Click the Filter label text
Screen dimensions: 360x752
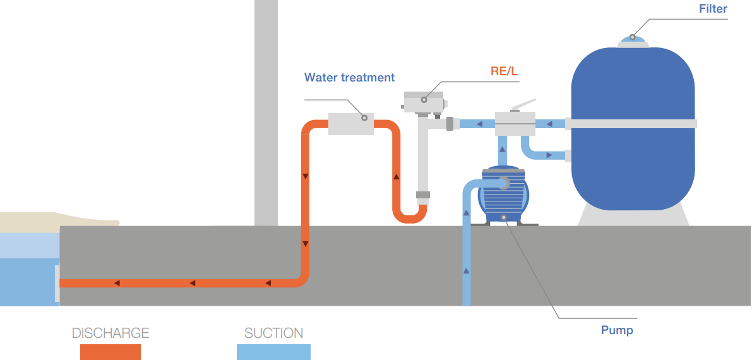pyautogui.click(x=713, y=9)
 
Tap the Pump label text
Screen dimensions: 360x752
pyautogui.click(x=617, y=330)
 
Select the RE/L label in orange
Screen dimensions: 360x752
pyautogui.click(x=504, y=71)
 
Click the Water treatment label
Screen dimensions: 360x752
pyautogui.click(x=349, y=78)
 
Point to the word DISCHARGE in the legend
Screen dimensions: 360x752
pyautogui.click(x=110, y=333)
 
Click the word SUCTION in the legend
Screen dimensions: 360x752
pyautogui.click(x=273, y=333)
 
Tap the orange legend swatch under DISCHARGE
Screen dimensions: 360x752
pyautogui.click(x=110, y=352)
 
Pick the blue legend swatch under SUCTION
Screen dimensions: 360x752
pyautogui.click(x=273, y=352)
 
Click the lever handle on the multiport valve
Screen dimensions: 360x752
pyautogui.click(x=523, y=105)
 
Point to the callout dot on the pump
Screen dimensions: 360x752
pyautogui.click(x=504, y=218)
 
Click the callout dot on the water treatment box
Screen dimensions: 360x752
pyautogui.click(x=364, y=117)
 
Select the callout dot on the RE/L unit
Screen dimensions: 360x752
pyautogui.click(x=424, y=99)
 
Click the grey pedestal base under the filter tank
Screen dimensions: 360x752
pyautogui.click(x=633, y=215)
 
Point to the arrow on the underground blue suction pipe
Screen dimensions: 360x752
pyautogui.click(x=467, y=270)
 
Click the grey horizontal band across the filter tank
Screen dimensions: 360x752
pyautogui.click(x=633, y=124)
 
